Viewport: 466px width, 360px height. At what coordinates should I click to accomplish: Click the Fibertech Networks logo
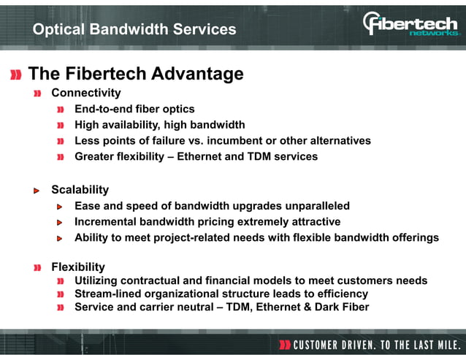click(410, 24)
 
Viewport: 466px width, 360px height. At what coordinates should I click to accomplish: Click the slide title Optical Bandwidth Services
click(134, 29)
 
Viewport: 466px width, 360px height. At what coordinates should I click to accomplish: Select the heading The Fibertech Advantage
click(135, 74)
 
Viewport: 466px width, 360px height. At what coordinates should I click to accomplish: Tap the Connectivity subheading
click(85, 93)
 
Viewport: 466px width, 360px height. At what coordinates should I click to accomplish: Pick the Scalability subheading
click(80, 190)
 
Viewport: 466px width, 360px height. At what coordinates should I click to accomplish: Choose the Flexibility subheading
click(77, 267)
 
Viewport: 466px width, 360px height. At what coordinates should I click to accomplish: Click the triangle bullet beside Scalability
click(37, 191)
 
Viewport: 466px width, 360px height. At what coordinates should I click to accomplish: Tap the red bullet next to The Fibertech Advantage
click(15, 74)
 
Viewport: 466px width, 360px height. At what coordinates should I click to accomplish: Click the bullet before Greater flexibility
click(62, 157)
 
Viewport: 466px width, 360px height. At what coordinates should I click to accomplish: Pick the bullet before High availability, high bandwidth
click(62, 126)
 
